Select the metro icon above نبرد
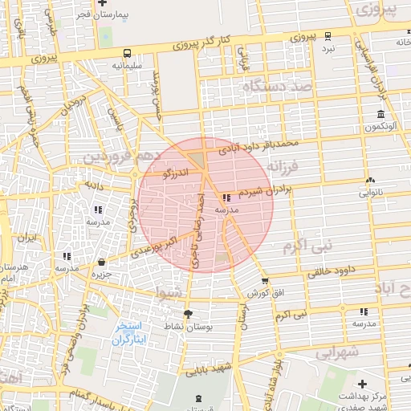[x=328, y=35]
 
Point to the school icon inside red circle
[x=226, y=197]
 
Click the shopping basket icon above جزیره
[x=101, y=262]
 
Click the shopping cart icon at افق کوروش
[x=265, y=281]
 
